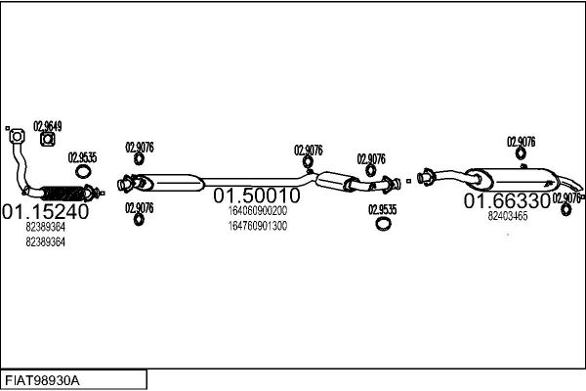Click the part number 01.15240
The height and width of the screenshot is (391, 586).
[45, 212]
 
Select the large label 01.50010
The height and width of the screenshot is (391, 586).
[257, 195]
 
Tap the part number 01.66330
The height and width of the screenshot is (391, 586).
[507, 201]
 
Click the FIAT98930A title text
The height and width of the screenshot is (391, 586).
[42, 381]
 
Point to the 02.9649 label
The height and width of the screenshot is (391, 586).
[48, 126]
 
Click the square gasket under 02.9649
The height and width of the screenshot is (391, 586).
[48, 140]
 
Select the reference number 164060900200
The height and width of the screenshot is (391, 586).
[258, 211]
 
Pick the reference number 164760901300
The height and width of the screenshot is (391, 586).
[258, 226]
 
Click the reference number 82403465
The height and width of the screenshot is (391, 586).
[508, 216]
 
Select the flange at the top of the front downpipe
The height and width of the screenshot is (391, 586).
[17, 136]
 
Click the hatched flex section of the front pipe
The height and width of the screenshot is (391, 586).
[63, 194]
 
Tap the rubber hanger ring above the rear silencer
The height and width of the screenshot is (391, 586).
[521, 153]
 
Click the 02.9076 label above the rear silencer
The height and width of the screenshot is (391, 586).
[521, 142]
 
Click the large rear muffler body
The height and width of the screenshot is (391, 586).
[515, 179]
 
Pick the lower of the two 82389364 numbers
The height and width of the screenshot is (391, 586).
[45, 241]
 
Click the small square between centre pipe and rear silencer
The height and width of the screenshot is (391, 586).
[408, 181]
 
